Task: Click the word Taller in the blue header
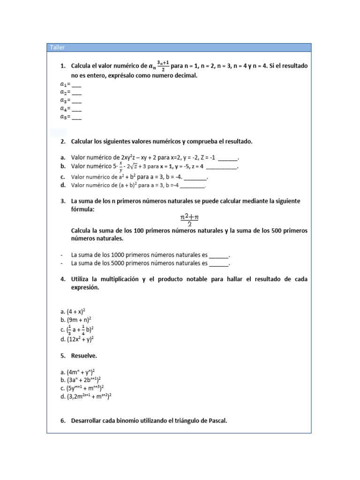pyautogui.click(x=58, y=47)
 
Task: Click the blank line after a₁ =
pyautogui.click(x=77, y=85)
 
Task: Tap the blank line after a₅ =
pyautogui.click(x=77, y=117)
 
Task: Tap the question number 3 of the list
pyautogui.click(x=63, y=201)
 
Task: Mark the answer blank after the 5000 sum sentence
pyautogui.click(x=218, y=264)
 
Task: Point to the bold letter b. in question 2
pyautogui.click(x=63, y=166)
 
